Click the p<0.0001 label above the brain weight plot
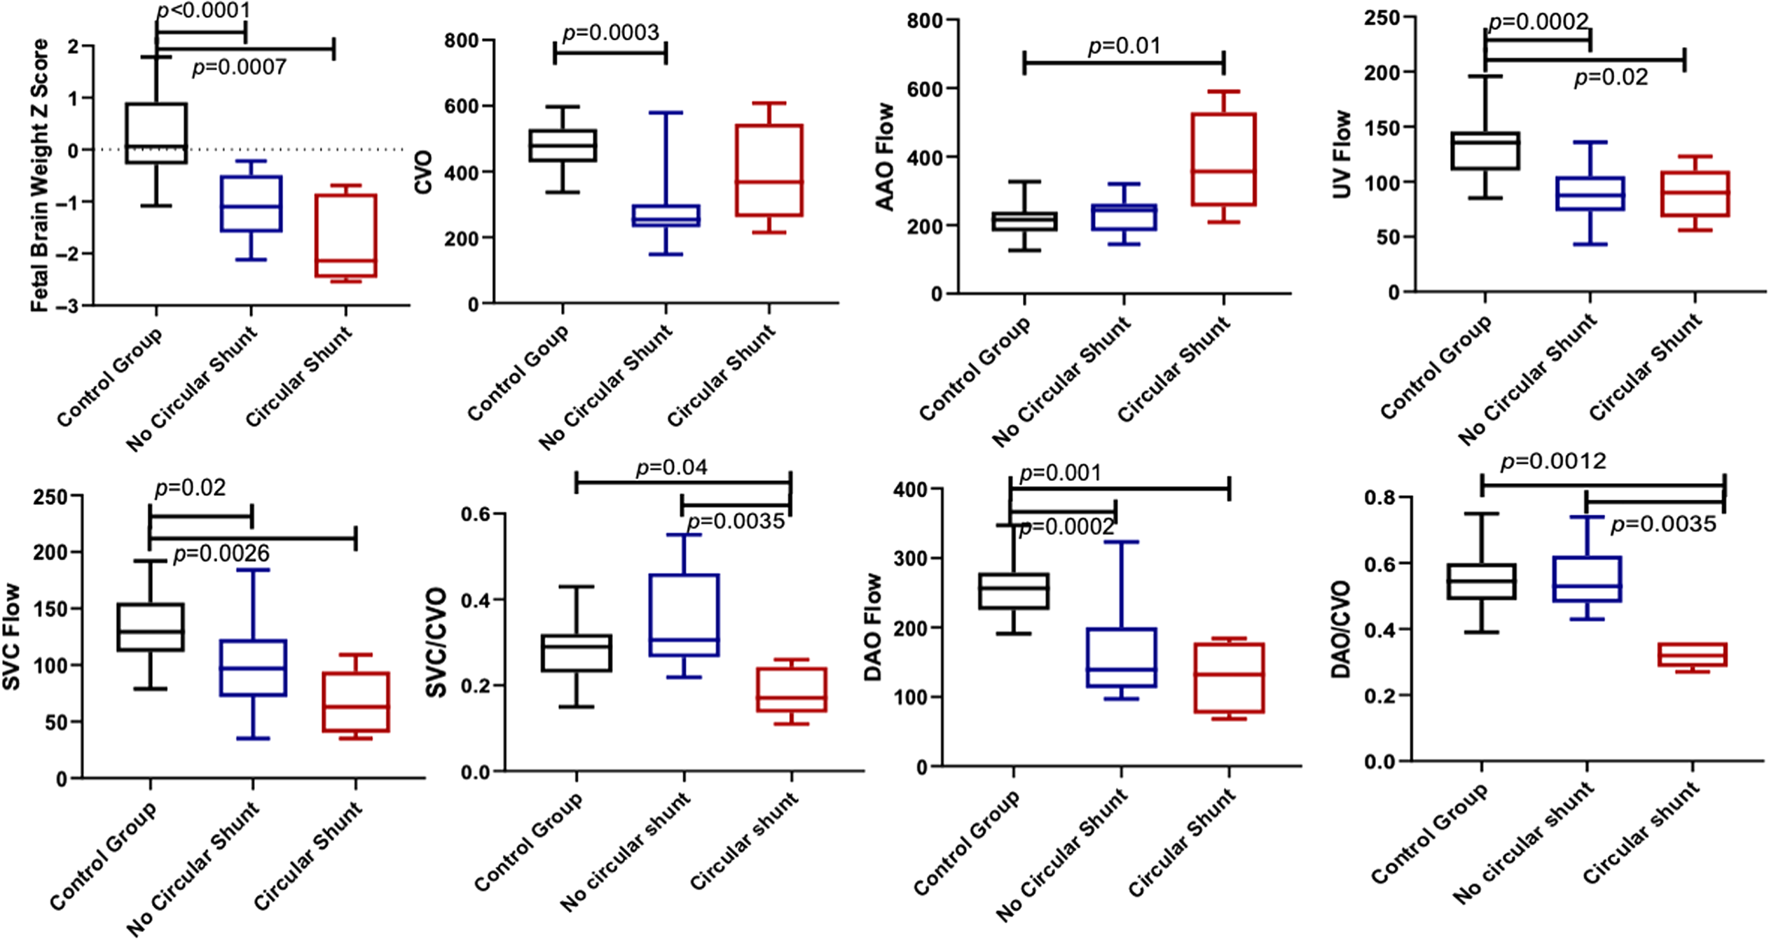click(203, 11)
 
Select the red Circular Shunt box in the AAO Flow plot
click(1223, 159)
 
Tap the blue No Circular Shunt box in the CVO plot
click(666, 215)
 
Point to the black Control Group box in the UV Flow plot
click(1485, 151)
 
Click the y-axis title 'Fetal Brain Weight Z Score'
click(40, 175)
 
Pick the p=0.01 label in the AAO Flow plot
click(1124, 46)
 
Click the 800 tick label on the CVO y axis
click(461, 41)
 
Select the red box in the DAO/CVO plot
click(1692, 655)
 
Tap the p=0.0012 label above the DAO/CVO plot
click(1553, 461)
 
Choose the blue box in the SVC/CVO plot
click(684, 615)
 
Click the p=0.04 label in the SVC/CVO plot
click(671, 467)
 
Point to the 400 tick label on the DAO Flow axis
click(910, 489)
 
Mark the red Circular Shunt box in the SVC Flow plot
click(356, 702)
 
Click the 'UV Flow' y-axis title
click(1341, 154)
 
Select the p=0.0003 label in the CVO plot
click(610, 33)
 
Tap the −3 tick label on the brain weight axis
click(72, 306)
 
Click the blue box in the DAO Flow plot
click(1121, 657)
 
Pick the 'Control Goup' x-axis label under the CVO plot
click(518, 373)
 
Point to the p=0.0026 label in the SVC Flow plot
click(221, 554)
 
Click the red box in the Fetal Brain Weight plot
click(345, 235)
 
